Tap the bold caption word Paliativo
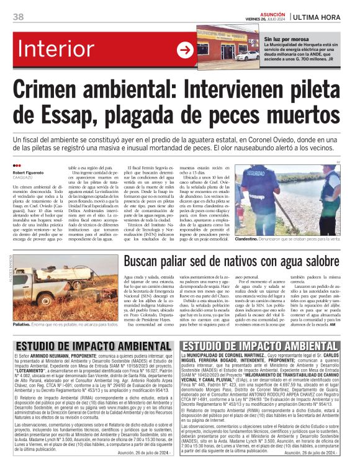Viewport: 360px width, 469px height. (23, 324)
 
